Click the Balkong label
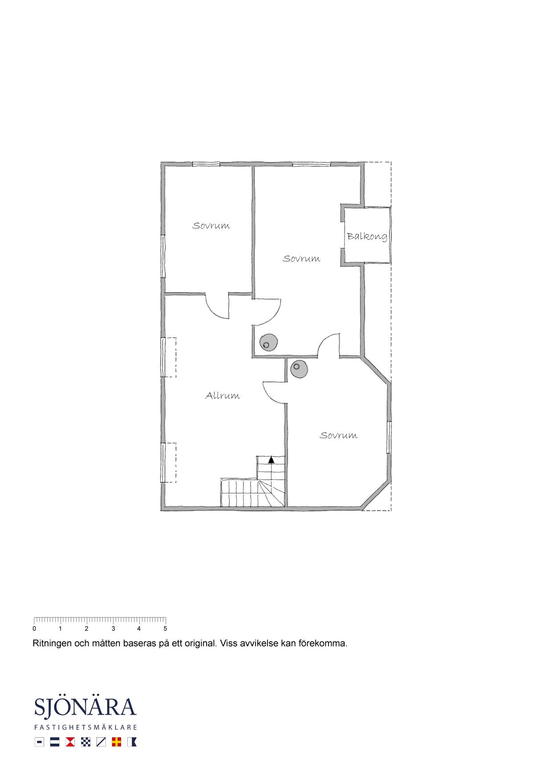coord(367,236)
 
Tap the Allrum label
coord(223,395)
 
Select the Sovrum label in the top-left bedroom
coord(211,226)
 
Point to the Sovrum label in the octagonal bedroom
coord(338,435)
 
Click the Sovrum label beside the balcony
coord(301,259)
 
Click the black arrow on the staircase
coord(271,460)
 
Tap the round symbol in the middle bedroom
coord(269,343)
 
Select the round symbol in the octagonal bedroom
coord(299,369)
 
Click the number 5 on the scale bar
coord(165,629)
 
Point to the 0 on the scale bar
coord(34,629)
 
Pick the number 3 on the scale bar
coord(113,629)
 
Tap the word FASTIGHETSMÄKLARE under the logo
coord(85,728)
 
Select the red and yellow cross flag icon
coord(117,742)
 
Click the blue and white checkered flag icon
coord(85,742)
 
